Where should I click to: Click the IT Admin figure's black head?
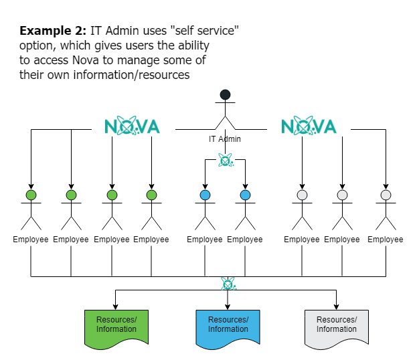tap(226, 94)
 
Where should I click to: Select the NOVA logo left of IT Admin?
tap(133, 126)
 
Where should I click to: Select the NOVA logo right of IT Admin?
tap(309, 126)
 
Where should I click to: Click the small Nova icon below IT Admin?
tap(226, 161)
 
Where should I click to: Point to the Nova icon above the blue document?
tap(228, 284)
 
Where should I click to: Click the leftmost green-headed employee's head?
tap(31, 195)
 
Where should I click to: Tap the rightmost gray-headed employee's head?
tap(386, 195)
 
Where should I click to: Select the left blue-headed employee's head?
tap(205, 195)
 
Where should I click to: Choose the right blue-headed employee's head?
tap(245, 195)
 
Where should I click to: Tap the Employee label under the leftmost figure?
tap(31, 240)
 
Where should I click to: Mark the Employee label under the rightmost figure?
tap(386, 240)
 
